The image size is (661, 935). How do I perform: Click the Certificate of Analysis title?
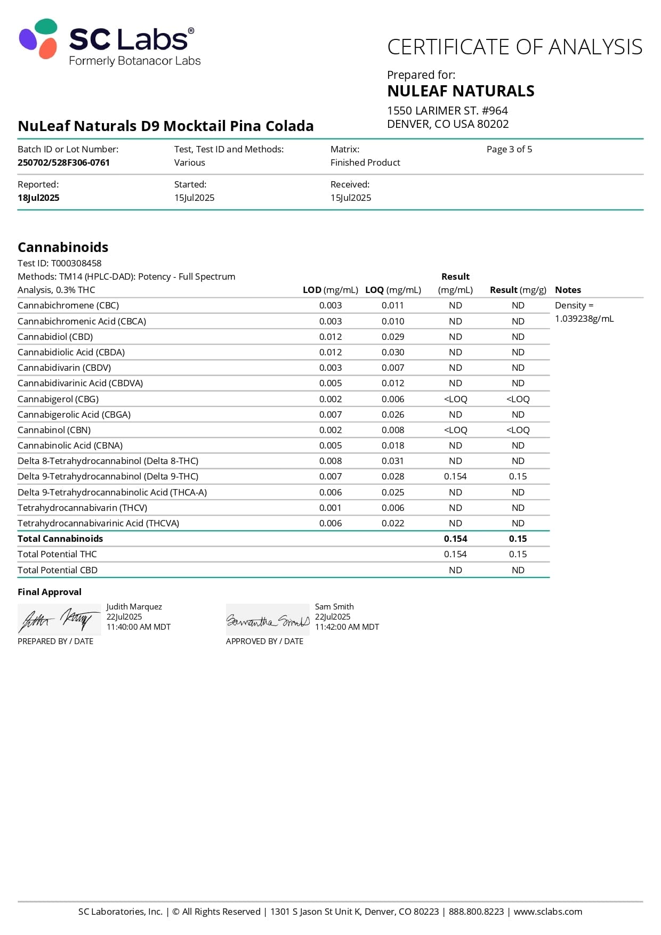(x=514, y=47)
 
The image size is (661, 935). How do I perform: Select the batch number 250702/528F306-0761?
(x=63, y=162)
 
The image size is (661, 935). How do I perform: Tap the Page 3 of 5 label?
(x=509, y=149)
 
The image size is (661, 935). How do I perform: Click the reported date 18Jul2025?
(x=38, y=198)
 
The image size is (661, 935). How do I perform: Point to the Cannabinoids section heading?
(x=63, y=247)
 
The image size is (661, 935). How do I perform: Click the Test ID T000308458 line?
(x=59, y=263)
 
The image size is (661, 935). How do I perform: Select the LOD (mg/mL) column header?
(x=330, y=290)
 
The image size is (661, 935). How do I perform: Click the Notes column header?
(x=568, y=290)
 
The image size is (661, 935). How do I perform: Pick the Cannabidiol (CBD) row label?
(x=55, y=337)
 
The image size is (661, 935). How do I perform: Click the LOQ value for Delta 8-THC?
(x=393, y=461)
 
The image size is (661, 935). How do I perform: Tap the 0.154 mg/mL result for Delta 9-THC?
(x=455, y=476)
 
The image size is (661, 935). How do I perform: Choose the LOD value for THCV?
(x=330, y=508)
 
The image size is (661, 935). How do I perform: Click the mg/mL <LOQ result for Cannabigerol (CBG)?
(x=455, y=399)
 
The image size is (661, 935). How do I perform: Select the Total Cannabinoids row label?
(x=60, y=539)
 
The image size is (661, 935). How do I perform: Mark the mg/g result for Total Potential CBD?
(x=518, y=570)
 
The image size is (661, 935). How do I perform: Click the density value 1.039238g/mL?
(x=584, y=319)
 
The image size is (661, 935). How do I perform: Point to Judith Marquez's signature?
(x=59, y=620)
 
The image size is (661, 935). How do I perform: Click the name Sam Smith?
(x=334, y=607)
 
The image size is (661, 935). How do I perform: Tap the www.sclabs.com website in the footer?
(x=547, y=912)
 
